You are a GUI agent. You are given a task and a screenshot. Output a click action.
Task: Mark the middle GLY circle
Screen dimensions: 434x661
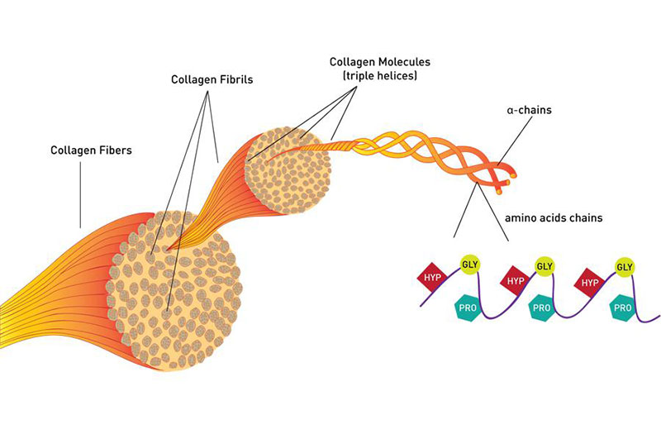544,266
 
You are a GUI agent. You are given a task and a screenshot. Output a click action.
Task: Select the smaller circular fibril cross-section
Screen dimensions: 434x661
288,172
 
